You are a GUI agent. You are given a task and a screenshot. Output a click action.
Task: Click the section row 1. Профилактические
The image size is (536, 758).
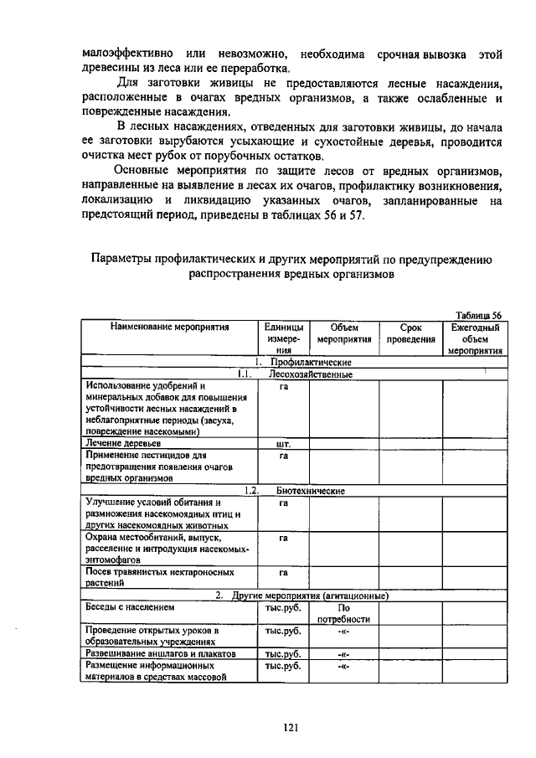click(302, 363)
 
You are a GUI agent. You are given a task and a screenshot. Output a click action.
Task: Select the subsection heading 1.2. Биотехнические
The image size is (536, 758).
click(304, 491)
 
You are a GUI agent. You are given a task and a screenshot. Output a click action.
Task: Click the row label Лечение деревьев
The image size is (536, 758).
click(123, 441)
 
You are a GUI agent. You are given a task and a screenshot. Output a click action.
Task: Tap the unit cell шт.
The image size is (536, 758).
click(282, 441)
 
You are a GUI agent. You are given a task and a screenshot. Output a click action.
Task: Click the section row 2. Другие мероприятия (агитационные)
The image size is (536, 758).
click(303, 596)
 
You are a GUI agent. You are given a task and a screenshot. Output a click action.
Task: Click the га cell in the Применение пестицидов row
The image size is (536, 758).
click(283, 456)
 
